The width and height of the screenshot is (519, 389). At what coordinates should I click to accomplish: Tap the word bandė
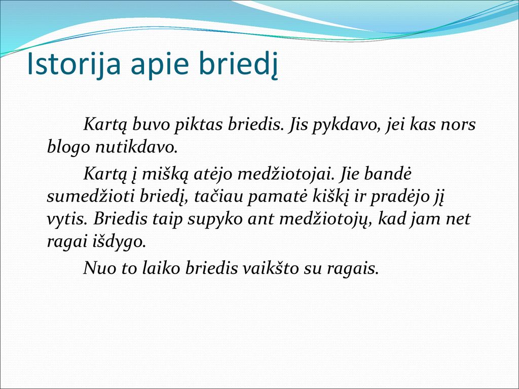388,173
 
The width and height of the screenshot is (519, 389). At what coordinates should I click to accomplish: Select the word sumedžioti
91,196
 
